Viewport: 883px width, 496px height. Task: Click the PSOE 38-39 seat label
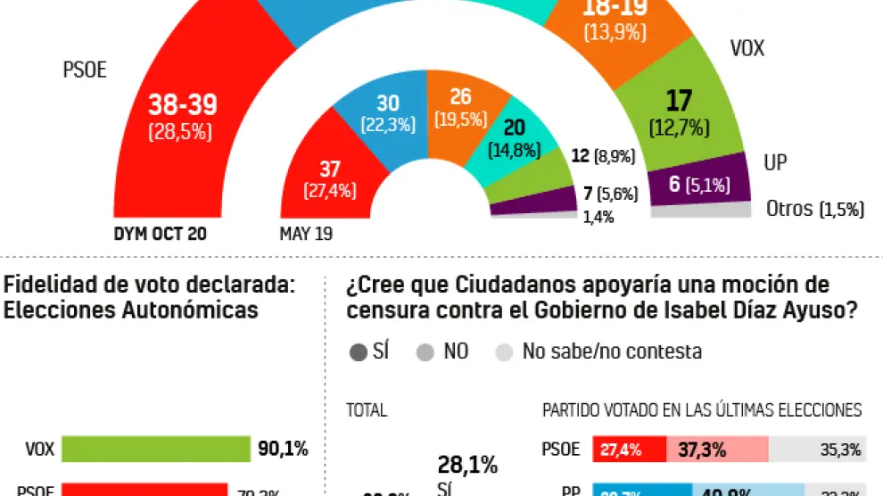183,105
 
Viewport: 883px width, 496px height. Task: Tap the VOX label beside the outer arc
747,48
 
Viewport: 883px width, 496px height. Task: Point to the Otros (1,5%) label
815,209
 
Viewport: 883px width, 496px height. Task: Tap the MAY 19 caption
308,235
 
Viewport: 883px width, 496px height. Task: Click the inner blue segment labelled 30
388,113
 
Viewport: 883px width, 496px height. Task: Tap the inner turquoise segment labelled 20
514,137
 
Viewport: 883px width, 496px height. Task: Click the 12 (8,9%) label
602,155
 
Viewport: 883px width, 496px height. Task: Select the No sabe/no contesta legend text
612,351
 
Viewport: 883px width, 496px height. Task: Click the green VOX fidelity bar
155,450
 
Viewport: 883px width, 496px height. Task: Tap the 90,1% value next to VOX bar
283,450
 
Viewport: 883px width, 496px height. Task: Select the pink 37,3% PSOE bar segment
717,450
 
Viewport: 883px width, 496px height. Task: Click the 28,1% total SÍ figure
466,465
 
